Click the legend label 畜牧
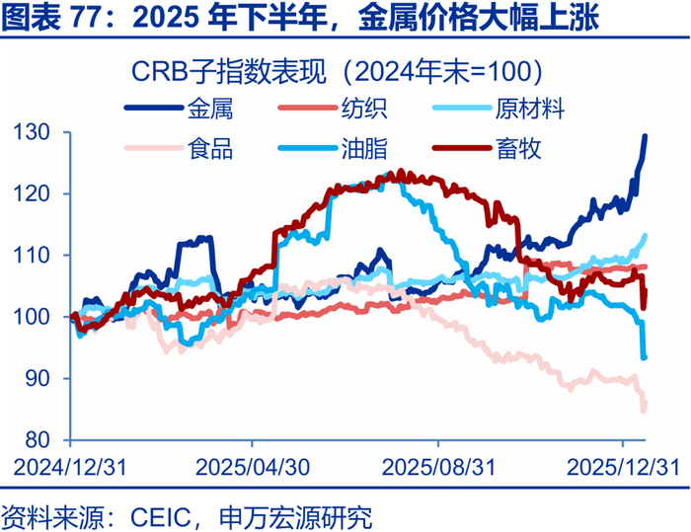tap(517, 149)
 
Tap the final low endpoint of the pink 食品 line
tap(644, 409)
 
